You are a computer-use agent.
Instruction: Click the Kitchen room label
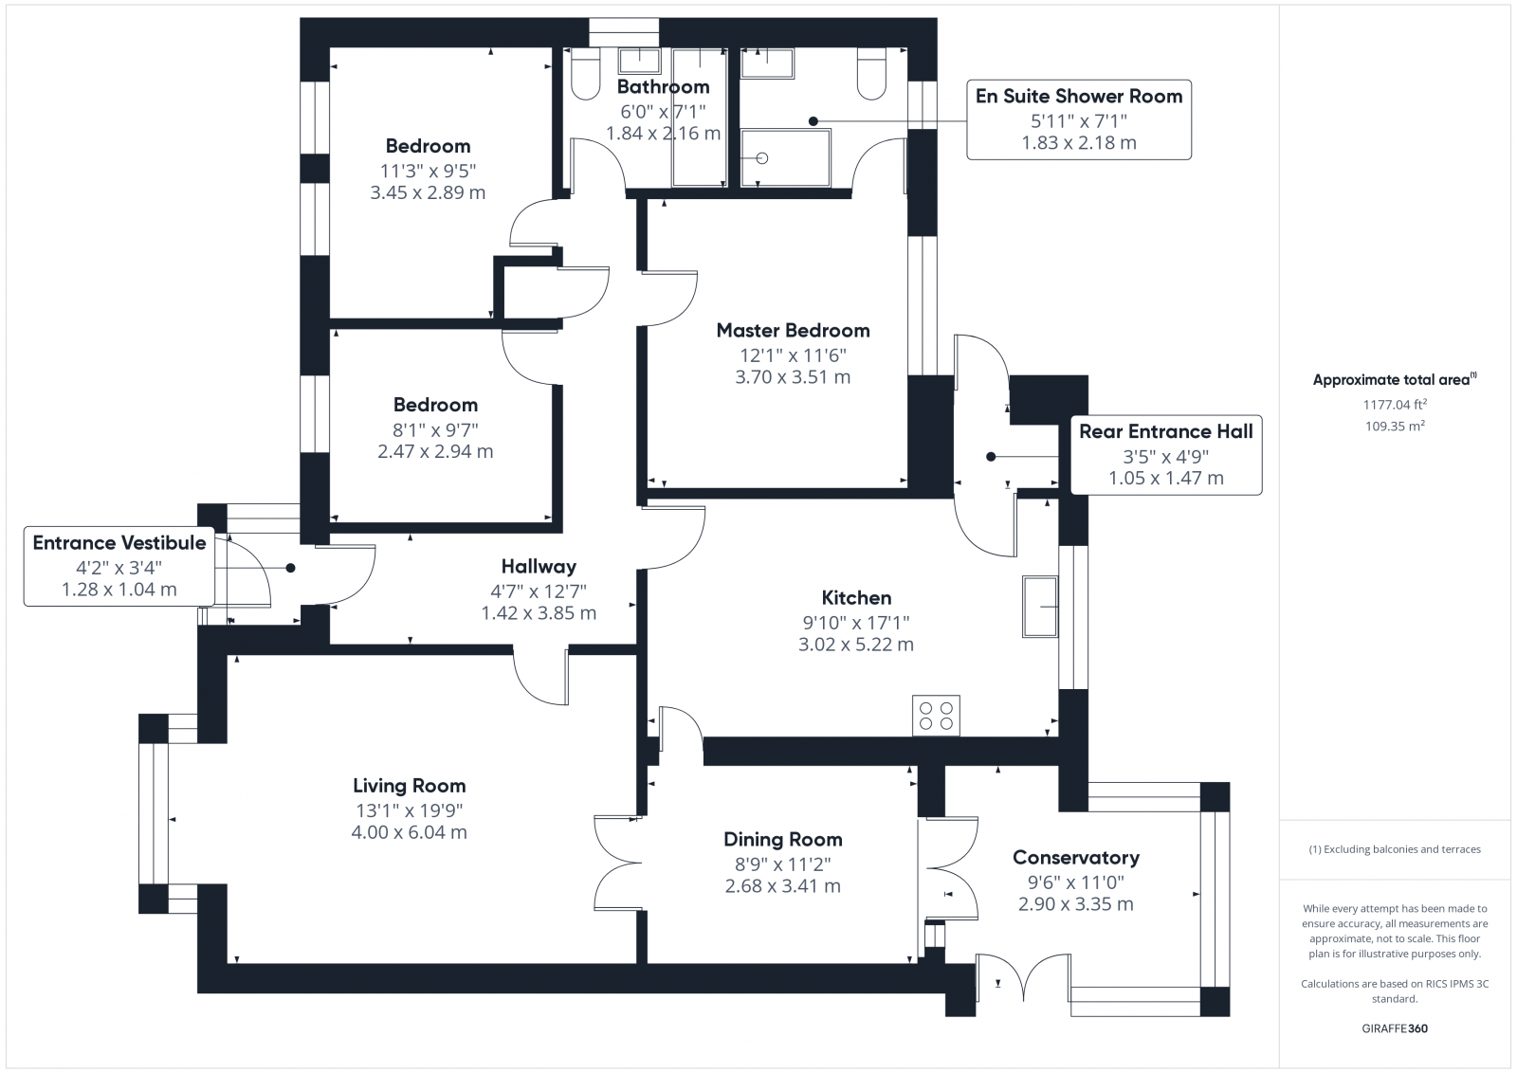pyautogui.click(x=856, y=598)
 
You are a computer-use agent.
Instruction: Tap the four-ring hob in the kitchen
pyautogui.click(x=936, y=716)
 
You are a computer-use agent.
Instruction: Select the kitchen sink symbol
pyautogui.click(x=1040, y=607)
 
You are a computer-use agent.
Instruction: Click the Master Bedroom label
pyautogui.click(x=793, y=331)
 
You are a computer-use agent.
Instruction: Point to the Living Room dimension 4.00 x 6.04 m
pyautogui.click(x=409, y=832)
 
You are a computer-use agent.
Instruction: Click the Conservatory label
pyautogui.click(x=1075, y=858)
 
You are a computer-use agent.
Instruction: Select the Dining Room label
pyautogui.click(x=782, y=840)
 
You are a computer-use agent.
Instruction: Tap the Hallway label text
pyautogui.click(x=539, y=567)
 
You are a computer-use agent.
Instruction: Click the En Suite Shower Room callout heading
pyautogui.click(x=1078, y=97)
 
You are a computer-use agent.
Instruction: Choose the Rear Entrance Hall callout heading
pyautogui.click(x=1165, y=432)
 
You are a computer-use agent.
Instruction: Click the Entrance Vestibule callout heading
pyautogui.click(x=119, y=543)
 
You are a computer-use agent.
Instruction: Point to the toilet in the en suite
pyautogui.click(x=870, y=74)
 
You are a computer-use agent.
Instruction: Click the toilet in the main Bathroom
pyautogui.click(x=586, y=75)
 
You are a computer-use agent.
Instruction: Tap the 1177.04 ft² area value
pyautogui.click(x=1395, y=405)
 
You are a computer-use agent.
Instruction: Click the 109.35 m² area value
pyautogui.click(x=1395, y=427)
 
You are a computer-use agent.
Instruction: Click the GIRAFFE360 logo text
pyautogui.click(x=1394, y=1028)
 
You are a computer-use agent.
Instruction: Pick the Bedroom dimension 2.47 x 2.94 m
pyautogui.click(x=435, y=452)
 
